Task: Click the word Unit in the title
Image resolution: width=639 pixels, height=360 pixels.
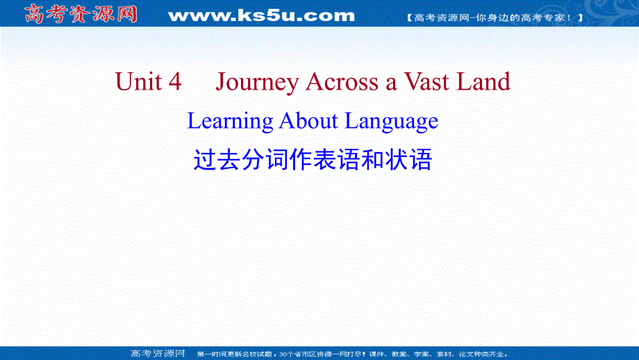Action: [x=138, y=82]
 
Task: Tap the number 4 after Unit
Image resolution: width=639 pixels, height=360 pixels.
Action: [x=174, y=82]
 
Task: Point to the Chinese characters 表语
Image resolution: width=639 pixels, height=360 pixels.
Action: [x=332, y=161]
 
